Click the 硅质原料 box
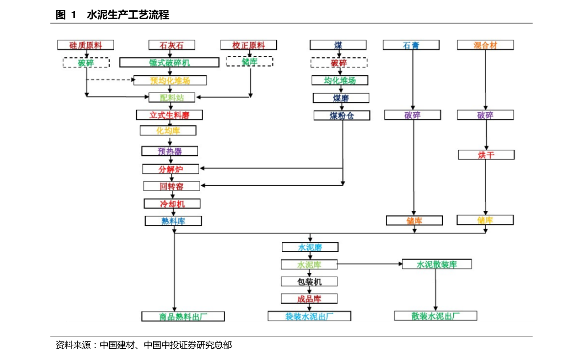pos(86,45)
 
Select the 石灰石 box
pos(172,45)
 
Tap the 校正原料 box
pos(249,45)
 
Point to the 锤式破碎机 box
pos(169,63)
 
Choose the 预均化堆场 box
pos(170,80)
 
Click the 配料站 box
pos(171,97)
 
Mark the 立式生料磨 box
pos(169,115)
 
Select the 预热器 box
pos(170,151)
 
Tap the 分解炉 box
pos(171,169)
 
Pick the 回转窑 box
pos(171,186)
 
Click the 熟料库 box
pos(173,221)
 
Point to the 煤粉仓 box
pos(342,116)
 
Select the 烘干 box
pos(486,155)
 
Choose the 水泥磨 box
pos(310,247)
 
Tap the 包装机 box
pos(309,282)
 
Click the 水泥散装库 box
pos(437,264)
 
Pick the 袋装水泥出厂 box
pos(309,316)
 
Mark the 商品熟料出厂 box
pos(183,316)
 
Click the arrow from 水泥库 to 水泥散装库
pos(370,264)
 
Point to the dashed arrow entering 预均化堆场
pos(111,80)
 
